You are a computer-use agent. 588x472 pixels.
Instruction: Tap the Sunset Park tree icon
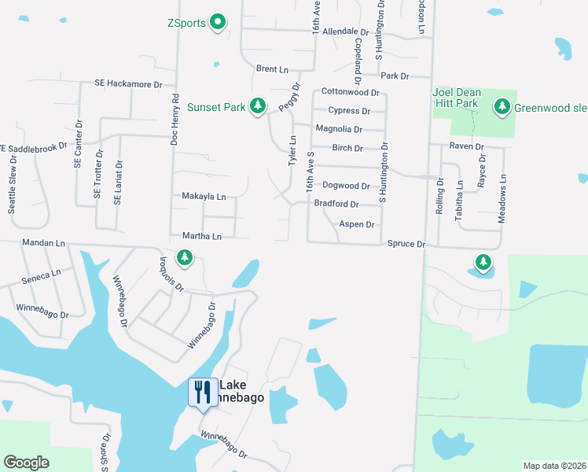[257, 105]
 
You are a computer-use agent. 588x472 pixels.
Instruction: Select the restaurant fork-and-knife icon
[203, 391]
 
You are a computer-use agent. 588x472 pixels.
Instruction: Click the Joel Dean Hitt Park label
[456, 98]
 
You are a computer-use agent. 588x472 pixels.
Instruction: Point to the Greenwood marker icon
[502, 106]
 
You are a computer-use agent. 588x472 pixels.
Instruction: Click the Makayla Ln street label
[204, 196]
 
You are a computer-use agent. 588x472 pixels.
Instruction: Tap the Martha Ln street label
[201, 236]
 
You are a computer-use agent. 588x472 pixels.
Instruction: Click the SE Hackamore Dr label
[128, 83]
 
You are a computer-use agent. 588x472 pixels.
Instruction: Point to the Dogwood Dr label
[347, 186]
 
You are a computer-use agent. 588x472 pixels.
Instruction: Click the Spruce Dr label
[406, 245]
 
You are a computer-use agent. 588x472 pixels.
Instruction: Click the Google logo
[26, 463]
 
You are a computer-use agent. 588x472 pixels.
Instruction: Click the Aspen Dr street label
[357, 224]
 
